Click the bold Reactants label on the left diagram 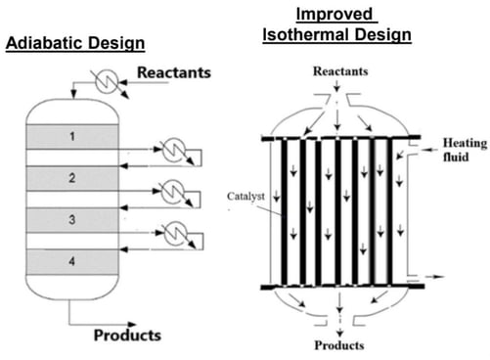tap(174, 73)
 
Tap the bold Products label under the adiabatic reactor tap(127, 336)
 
